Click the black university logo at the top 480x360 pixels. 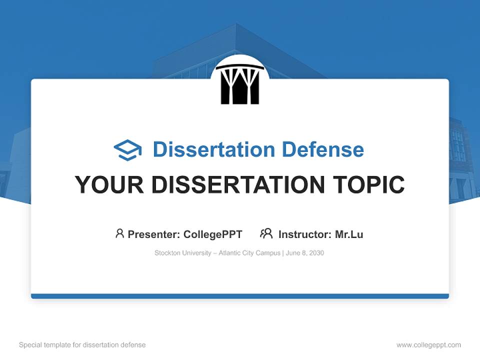(240, 84)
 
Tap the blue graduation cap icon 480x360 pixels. (127, 150)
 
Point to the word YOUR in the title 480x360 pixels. (109, 185)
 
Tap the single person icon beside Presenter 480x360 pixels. (119, 233)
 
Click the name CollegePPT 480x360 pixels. (212, 234)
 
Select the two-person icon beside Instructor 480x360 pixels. (266, 233)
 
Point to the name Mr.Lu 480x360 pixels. (349, 234)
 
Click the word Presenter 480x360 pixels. (153, 234)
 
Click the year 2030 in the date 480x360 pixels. (316, 253)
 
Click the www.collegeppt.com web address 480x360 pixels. (428, 345)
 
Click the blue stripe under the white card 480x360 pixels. (240, 296)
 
